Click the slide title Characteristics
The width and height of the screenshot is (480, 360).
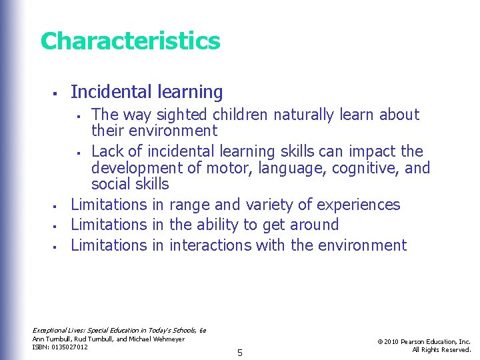coord(130,41)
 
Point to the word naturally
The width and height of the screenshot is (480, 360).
coord(297,115)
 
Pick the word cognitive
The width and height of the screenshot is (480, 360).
coord(364,167)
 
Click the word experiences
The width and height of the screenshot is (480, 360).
coord(359,205)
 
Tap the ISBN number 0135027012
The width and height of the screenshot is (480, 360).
coord(69,347)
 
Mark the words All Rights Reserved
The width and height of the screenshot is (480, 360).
coord(441,350)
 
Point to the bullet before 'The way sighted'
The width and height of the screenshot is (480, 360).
coord(78,115)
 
